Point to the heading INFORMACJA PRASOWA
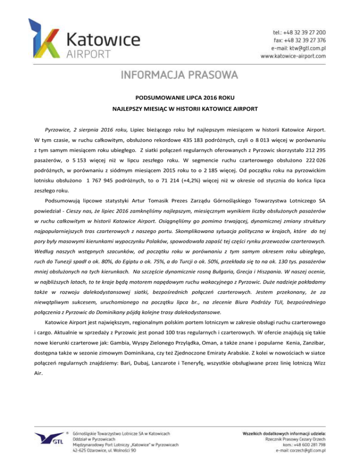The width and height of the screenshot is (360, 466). click(x=180, y=75)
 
